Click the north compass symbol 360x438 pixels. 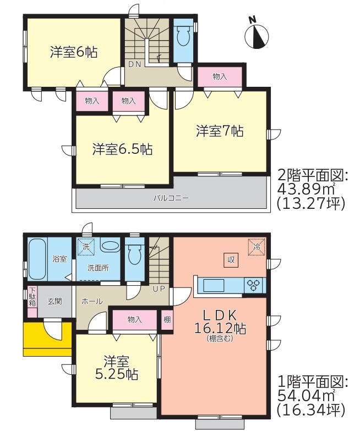pos(257,36)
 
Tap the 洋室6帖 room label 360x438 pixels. pos(74,52)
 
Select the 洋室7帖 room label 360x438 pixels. pos(220,131)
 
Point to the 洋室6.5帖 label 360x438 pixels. pos(123,149)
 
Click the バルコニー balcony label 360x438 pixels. pos(171,198)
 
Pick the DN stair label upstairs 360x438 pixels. pos(134,64)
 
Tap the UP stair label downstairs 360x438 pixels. pos(159,289)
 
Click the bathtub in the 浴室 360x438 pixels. pos(37,259)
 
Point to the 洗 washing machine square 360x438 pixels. pos(86,247)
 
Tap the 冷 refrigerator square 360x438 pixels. pos(257,247)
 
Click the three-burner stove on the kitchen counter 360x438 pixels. pos(254,285)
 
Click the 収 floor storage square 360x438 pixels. pos(231,260)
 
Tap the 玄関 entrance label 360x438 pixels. pos(54,302)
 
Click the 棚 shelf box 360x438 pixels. pos(167,319)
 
